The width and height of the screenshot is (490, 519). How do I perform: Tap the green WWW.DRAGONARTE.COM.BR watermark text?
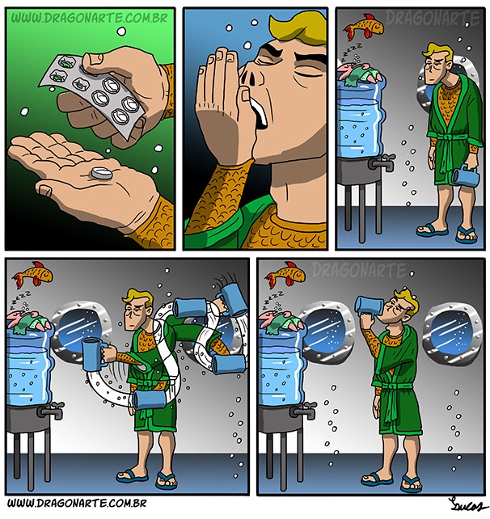click(90, 19)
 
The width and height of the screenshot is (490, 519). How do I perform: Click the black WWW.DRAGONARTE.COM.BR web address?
click(77, 504)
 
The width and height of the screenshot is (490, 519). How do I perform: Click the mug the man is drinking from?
click(369, 306)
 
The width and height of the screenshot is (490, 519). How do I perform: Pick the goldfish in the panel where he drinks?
click(286, 274)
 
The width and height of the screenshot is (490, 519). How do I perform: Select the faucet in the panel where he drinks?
click(303, 410)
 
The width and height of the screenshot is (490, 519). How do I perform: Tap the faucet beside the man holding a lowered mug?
click(382, 162)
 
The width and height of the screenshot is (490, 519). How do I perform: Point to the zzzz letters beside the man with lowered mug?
click(352, 50)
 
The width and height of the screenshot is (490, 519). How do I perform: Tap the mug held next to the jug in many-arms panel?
click(93, 353)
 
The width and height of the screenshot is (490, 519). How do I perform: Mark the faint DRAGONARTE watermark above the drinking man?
click(359, 270)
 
